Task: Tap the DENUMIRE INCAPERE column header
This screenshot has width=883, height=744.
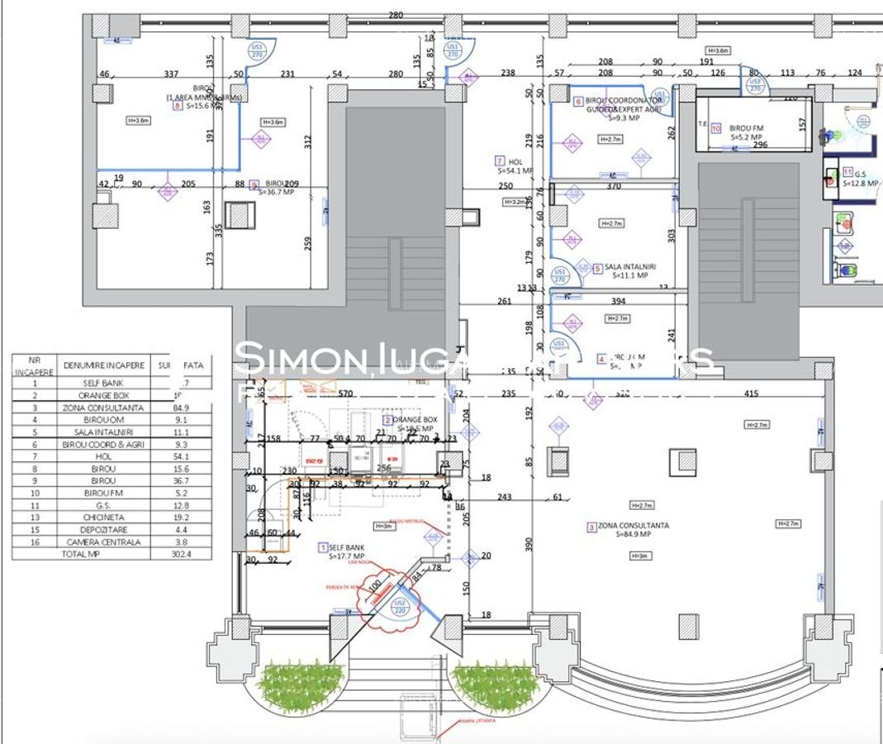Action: [103, 365]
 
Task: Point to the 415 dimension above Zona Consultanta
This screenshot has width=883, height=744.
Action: [751, 394]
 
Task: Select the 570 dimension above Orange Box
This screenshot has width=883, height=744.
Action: [345, 394]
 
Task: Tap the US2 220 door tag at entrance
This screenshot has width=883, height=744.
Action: [400, 608]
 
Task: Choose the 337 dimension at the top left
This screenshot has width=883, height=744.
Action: [172, 74]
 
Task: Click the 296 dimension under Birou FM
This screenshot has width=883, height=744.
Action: [760, 145]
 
